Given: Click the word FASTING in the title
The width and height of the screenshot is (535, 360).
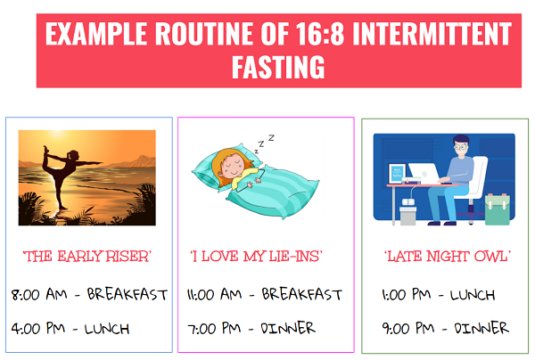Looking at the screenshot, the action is click(278, 67).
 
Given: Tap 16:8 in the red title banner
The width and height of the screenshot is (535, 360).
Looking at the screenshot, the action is click(320, 33).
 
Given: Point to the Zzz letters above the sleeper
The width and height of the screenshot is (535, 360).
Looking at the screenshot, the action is click(264, 143).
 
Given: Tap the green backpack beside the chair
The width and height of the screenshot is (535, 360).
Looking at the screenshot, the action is click(498, 209).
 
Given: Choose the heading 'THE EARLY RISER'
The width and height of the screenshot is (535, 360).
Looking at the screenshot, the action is click(87, 256).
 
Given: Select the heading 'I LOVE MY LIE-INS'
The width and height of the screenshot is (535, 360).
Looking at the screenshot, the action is click(256, 256).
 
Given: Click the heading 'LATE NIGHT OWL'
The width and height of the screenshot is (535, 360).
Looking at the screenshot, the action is click(448, 256).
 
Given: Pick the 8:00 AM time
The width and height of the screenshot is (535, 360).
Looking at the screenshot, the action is click(39, 294).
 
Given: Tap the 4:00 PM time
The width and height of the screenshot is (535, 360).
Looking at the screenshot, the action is click(38, 329).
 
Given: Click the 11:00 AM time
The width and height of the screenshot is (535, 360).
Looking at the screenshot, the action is click(214, 294).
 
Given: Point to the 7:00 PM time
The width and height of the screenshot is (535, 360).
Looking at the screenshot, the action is click(214, 329).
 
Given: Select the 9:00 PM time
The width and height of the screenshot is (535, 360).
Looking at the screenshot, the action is click(408, 329).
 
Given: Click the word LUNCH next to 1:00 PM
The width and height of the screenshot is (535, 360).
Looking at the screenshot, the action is click(473, 295).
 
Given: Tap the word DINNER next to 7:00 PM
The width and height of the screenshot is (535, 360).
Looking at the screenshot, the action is click(288, 328).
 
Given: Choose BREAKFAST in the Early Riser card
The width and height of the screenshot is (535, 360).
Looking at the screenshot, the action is click(128, 294).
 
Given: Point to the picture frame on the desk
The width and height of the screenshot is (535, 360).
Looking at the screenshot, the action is click(397, 173).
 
